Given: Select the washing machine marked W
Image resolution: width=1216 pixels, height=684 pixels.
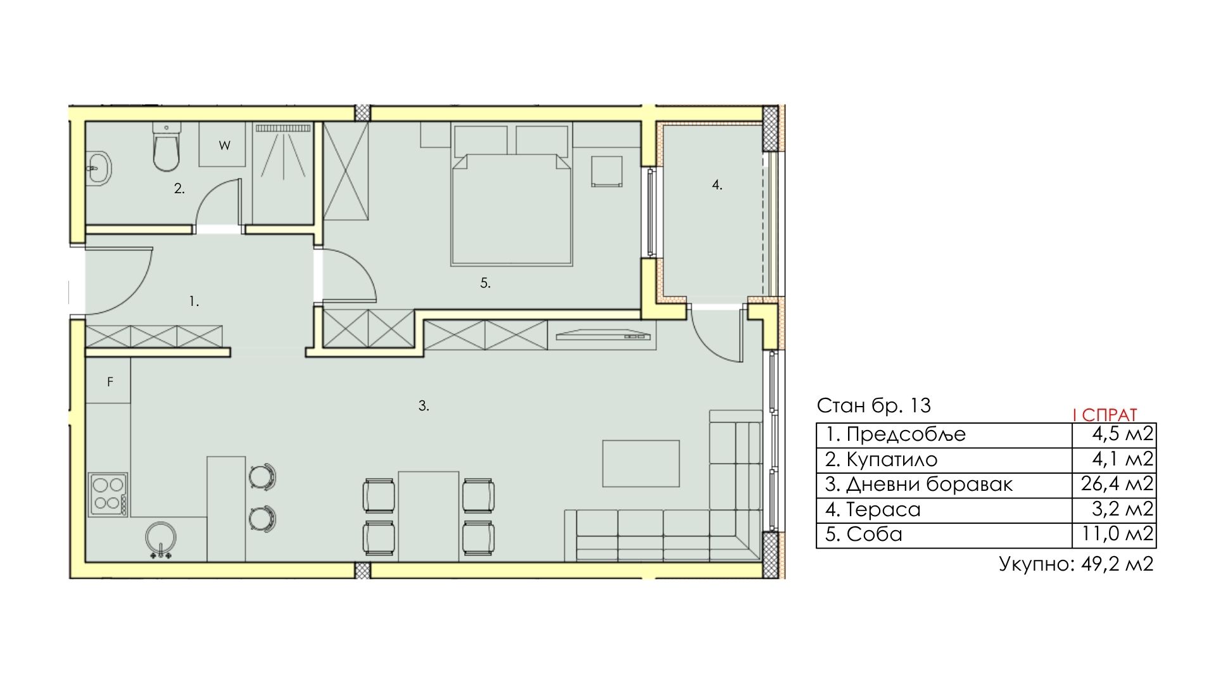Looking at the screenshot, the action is pyautogui.click(x=222, y=144).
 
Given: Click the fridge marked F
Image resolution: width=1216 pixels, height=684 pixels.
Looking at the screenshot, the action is pyautogui.click(x=109, y=381).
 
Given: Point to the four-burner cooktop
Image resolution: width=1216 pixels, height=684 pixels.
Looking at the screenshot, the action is pyautogui.click(x=108, y=494).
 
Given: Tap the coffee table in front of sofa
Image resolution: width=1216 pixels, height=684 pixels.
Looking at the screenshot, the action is pyautogui.click(x=640, y=464).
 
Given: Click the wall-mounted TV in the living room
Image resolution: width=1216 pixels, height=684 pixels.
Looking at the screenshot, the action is pyautogui.click(x=604, y=334).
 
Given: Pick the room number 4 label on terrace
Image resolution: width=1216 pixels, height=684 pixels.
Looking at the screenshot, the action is pyautogui.click(x=717, y=185).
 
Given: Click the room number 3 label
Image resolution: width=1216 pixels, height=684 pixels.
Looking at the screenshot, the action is pyautogui.click(x=424, y=406).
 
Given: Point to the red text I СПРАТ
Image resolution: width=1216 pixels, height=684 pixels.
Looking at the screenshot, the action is pyautogui.click(x=1105, y=415).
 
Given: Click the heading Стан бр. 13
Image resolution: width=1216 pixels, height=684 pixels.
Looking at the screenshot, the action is pyautogui.click(x=874, y=405).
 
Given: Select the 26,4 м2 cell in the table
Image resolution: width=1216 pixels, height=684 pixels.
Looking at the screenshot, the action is pyautogui.click(x=1117, y=484).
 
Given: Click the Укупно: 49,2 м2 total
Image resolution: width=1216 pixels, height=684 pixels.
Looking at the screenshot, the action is pyautogui.click(x=1076, y=563).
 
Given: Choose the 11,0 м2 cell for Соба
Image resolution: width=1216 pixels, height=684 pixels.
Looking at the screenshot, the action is pyautogui.click(x=1117, y=534).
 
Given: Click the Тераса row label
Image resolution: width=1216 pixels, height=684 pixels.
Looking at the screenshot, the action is pyautogui.click(x=883, y=509).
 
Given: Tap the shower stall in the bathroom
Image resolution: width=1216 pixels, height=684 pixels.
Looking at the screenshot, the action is pyautogui.click(x=283, y=173).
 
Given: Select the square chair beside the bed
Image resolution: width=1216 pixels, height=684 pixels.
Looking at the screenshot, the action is pyautogui.click(x=607, y=171).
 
